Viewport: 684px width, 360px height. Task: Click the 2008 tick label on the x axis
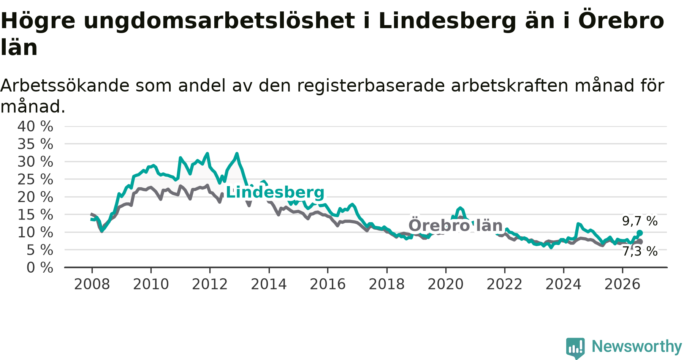pyautogui.click(x=92, y=284)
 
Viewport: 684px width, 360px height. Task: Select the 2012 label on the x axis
pyautogui.click(x=210, y=284)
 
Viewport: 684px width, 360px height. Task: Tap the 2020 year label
pyautogui.click(x=446, y=284)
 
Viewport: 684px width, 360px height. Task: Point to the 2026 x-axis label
pyautogui.click(x=622, y=284)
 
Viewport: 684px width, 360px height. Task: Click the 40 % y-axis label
pyautogui.click(x=35, y=126)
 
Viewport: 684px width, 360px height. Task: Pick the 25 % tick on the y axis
pyautogui.click(x=35, y=179)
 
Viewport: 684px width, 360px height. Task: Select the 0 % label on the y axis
pyautogui.click(x=40, y=268)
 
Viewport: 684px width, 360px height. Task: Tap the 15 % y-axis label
pyautogui.click(x=35, y=215)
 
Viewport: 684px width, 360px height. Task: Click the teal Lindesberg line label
pyautogui.click(x=275, y=193)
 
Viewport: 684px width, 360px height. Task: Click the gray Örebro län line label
pyautogui.click(x=456, y=225)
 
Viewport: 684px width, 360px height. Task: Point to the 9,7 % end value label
pyautogui.click(x=640, y=221)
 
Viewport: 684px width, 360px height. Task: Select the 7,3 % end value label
pyautogui.click(x=640, y=251)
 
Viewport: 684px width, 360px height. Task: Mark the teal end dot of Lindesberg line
pyautogui.click(x=640, y=233)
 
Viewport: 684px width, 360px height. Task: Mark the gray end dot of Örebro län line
pyautogui.click(x=640, y=242)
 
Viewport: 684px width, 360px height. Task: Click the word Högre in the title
pyautogui.click(x=38, y=21)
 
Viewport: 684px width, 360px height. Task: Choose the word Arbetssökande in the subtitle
pyautogui.click(x=65, y=86)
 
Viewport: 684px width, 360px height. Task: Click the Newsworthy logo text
pyautogui.click(x=637, y=346)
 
